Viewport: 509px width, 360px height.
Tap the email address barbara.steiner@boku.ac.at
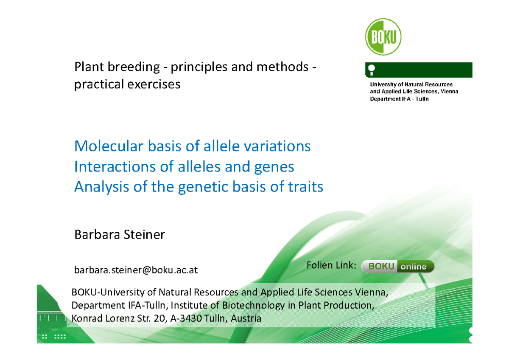point(136,270)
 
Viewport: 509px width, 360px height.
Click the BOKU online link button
point(397,267)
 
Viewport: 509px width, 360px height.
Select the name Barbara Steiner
point(119,234)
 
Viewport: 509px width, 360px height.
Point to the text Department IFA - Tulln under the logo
point(399,99)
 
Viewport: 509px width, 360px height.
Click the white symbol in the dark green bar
point(372,69)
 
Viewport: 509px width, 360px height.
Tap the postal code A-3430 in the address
point(185,318)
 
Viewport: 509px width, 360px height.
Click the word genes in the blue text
point(273,167)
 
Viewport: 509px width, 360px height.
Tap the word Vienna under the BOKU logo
point(449,92)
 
